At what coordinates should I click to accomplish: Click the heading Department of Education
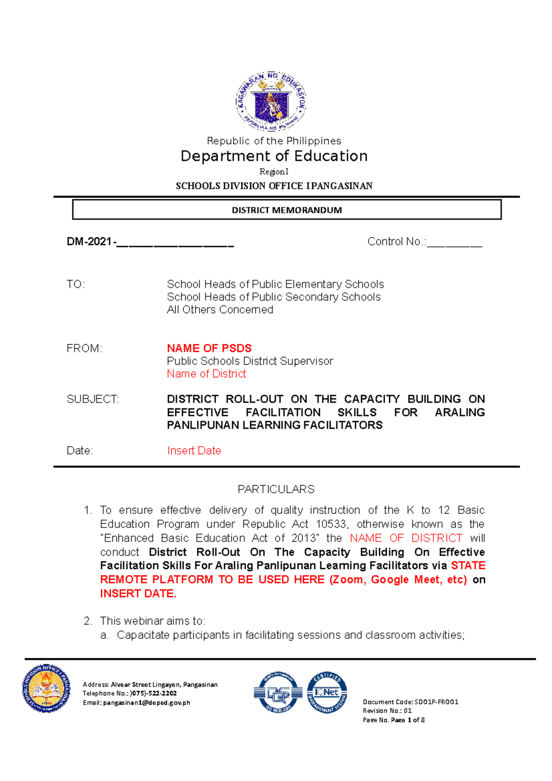tap(274, 156)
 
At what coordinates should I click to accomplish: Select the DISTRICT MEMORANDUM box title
tap(287, 210)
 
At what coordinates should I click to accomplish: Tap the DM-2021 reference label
tap(90, 242)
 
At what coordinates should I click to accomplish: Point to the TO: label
tap(76, 284)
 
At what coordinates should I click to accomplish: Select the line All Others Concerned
tap(220, 310)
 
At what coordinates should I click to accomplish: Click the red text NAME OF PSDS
tap(209, 348)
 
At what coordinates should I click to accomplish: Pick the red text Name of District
tap(206, 374)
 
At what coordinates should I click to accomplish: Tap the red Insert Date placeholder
tap(194, 451)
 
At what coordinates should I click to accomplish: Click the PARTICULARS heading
tap(276, 489)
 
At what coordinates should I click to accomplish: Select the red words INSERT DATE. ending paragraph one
tap(138, 594)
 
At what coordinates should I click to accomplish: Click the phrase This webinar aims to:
tap(152, 621)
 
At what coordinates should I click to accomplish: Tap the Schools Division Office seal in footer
tap(46, 689)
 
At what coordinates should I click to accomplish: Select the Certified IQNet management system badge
tap(327, 692)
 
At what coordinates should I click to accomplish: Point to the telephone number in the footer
tap(154, 694)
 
